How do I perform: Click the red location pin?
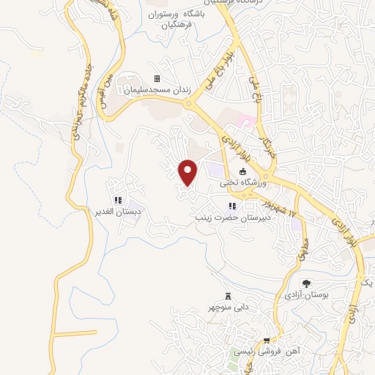coord(189,171)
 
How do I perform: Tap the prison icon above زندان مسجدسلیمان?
coord(156,79)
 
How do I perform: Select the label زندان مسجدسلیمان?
coord(155,89)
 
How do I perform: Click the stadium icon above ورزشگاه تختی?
coord(243,171)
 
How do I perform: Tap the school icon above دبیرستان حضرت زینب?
coord(233,207)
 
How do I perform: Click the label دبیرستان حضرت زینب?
coord(232,218)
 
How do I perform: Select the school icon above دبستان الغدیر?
coord(118,200)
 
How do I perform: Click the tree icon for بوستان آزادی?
coord(307,283)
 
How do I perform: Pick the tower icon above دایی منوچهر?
coord(228,296)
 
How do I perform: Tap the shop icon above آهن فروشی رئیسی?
coord(267,341)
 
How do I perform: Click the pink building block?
coord(248,119)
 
